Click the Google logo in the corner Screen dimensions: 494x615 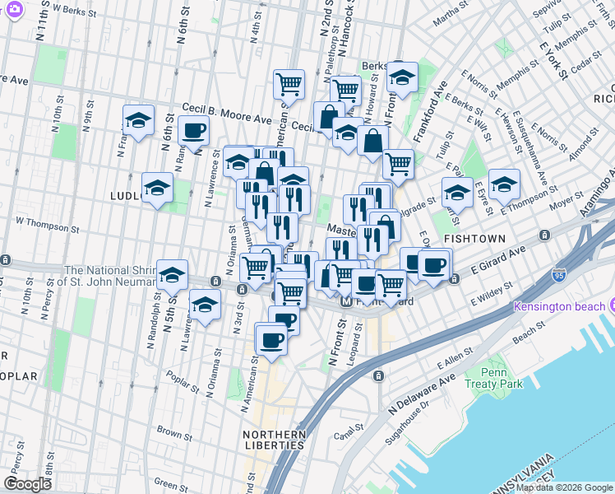(27, 484)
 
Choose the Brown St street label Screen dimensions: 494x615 (173, 431)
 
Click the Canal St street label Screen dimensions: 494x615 (349, 428)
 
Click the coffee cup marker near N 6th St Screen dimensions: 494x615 (194, 129)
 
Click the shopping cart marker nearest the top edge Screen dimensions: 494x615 (289, 82)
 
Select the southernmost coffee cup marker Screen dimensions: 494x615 (271, 338)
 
